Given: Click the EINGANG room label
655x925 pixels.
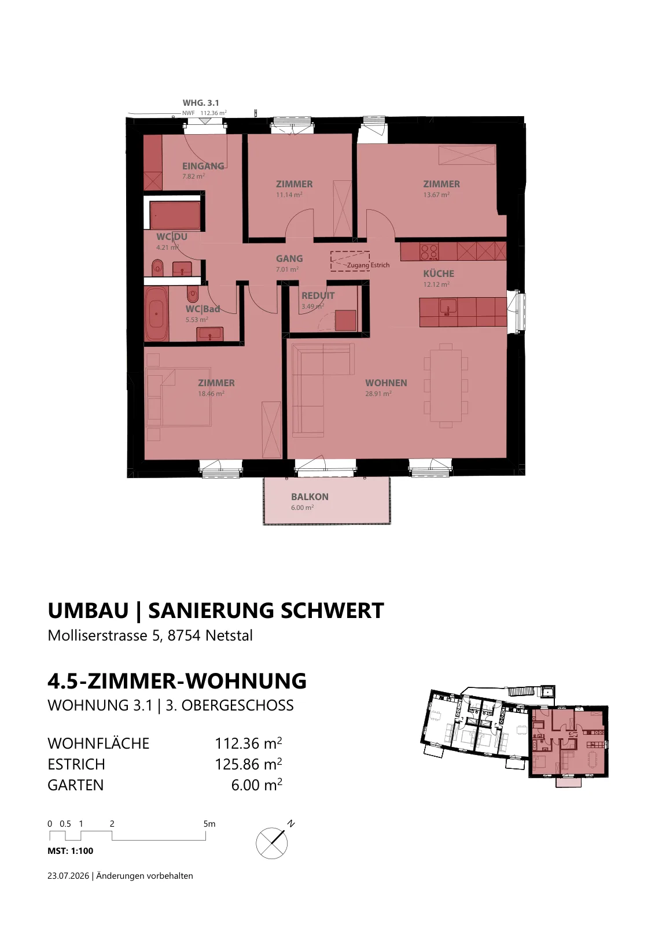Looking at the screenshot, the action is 203,166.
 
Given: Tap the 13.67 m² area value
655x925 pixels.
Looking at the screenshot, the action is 436,194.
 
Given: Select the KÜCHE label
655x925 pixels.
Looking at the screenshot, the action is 439,273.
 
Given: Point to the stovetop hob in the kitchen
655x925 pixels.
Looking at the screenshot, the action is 429,252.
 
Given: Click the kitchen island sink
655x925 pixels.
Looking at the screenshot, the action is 448,307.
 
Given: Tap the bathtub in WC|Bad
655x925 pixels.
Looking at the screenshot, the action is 156,313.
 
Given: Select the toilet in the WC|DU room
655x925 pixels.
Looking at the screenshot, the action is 157,268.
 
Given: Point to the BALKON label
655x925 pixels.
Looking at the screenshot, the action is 310,497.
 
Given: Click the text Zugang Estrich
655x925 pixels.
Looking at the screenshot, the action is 368,265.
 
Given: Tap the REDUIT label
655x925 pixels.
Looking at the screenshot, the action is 318,295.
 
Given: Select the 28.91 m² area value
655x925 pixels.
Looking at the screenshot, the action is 378,394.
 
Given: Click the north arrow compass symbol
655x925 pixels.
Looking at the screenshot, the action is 272,841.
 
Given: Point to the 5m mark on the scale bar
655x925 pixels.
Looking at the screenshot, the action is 209,824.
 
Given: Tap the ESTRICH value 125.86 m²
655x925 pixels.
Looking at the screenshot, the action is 248,764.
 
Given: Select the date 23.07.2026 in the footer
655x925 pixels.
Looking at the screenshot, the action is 68,876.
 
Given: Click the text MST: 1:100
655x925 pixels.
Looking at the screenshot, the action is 70,850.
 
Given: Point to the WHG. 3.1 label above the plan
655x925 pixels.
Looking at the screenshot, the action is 201,103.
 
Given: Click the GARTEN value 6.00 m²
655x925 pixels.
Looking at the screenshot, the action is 257,785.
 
